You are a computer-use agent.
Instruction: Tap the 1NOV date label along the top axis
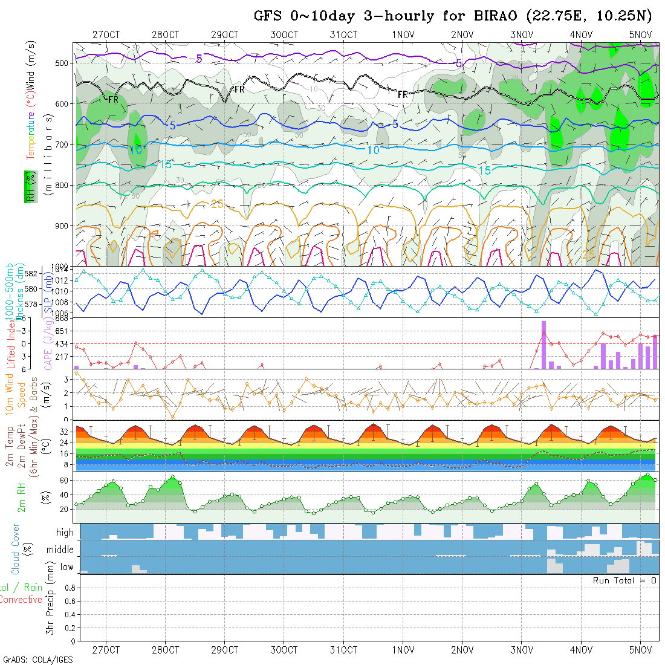403,34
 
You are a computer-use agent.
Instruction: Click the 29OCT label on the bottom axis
224,650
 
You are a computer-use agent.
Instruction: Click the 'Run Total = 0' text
624,580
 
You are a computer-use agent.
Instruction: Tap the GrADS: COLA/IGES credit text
37,660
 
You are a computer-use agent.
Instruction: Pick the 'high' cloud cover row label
65,533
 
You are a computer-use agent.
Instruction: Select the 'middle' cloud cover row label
60,550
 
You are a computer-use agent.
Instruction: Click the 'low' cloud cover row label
66,567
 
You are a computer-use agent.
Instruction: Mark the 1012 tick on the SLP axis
62,280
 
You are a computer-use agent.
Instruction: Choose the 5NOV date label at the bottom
640,650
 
